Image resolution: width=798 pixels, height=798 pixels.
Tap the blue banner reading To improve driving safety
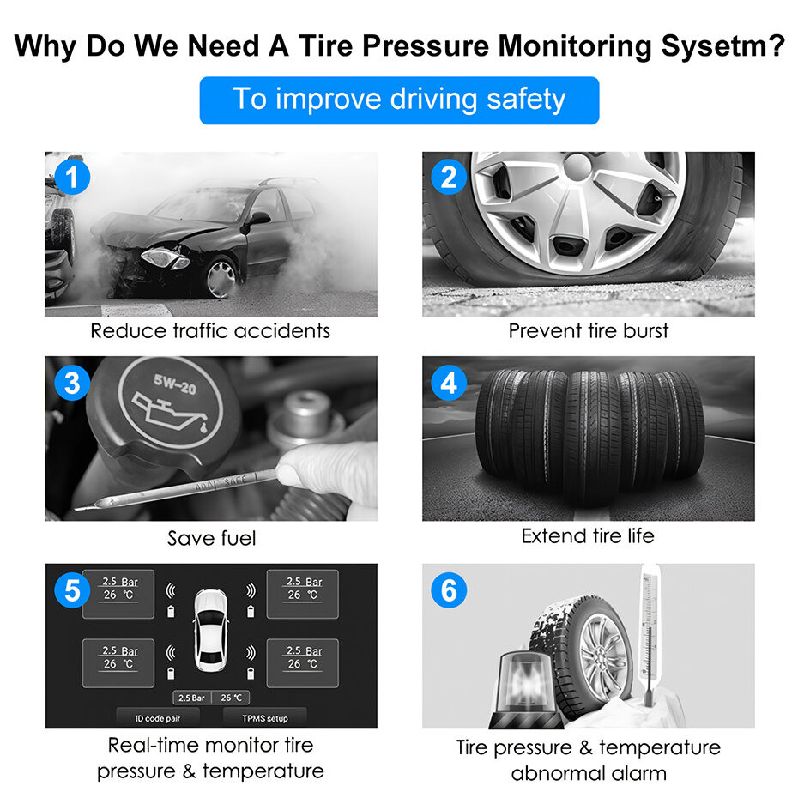399,100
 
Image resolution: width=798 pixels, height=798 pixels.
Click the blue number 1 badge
72,177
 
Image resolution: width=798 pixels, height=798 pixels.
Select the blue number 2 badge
449,177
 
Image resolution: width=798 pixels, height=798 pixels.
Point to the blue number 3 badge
72,383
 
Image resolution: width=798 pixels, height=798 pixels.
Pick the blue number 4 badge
449,383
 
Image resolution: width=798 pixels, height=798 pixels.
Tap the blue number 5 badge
72,590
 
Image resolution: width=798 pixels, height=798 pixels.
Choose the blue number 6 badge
449,590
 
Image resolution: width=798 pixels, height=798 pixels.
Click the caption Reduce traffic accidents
210,331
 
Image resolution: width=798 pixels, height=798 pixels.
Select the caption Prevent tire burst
589,331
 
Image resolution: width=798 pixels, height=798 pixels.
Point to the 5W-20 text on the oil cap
175,384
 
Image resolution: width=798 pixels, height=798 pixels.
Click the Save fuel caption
211,538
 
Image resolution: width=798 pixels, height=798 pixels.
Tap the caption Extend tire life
588,536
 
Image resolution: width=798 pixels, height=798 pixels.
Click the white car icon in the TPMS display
211,630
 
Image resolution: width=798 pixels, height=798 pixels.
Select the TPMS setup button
264,718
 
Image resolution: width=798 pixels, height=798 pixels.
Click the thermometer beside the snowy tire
649,635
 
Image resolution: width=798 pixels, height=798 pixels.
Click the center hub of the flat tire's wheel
578,166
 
